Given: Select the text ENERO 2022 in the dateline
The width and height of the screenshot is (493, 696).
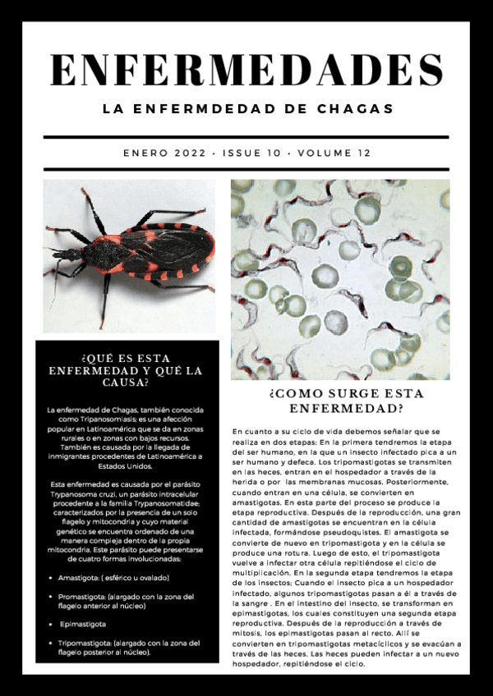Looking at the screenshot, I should (164, 153).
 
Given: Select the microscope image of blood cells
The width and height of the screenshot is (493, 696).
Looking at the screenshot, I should (340, 279).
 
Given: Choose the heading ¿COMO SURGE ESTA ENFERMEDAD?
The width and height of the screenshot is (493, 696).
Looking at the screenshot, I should (340, 400).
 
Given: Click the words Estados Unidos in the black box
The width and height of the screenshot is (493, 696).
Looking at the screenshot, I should (129, 465).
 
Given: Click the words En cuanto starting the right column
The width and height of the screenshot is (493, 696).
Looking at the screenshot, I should (250, 431).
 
